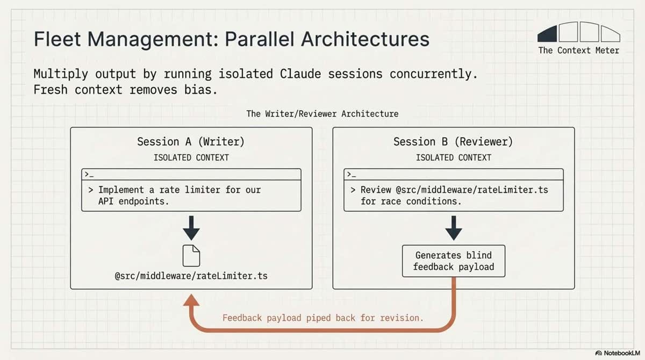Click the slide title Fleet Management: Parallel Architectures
coord(231,40)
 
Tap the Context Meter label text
coord(578,51)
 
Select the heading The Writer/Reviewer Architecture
coord(322,114)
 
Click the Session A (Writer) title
coord(191,142)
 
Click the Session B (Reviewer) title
coord(453,142)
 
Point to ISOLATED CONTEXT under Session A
coord(191,157)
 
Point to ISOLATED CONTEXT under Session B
coord(453,157)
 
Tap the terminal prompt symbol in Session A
coord(87,174)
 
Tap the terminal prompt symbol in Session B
coord(350,174)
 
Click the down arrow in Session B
coord(453,228)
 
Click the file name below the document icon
coord(191,276)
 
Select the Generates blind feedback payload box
coord(453,261)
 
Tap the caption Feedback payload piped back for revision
coord(322,318)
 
